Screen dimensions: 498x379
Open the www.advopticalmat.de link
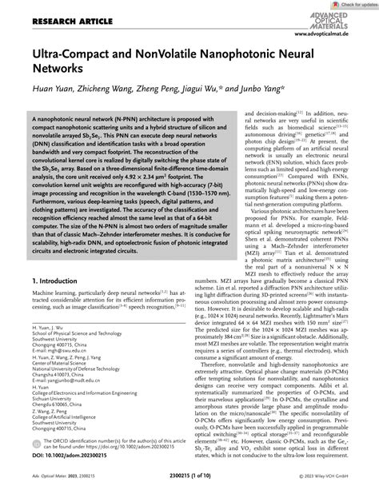click(x=340, y=35)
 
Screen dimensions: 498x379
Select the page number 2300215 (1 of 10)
click(x=189, y=488)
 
